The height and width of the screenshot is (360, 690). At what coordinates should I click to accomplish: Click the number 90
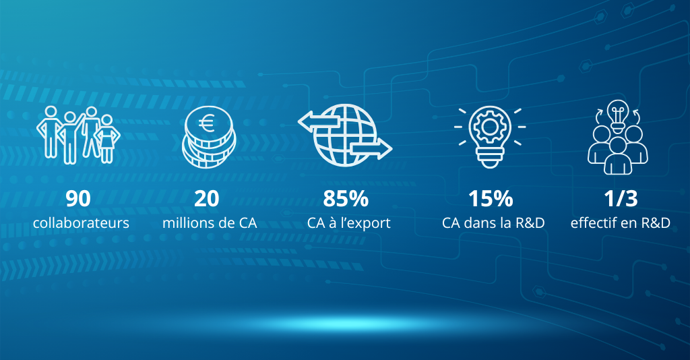tap(78, 198)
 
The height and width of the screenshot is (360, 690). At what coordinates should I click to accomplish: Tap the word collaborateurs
tap(81, 222)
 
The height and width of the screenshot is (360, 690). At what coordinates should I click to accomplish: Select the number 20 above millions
tap(206, 198)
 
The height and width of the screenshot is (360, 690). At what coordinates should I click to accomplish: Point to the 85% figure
tap(346, 198)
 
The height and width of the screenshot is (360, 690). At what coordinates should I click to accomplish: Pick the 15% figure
tap(491, 198)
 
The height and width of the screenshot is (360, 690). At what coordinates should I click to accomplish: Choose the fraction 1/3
tap(621, 198)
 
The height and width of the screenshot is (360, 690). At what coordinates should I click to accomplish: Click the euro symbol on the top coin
tap(206, 123)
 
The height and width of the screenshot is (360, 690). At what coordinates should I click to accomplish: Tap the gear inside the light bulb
tap(489, 127)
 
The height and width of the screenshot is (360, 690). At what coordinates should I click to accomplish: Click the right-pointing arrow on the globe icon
tap(371, 150)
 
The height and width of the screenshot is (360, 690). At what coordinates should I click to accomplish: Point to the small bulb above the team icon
tap(617, 116)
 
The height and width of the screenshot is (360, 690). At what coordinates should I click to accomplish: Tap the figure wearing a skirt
tap(106, 139)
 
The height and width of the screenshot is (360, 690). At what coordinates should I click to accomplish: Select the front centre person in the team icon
tap(617, 156)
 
